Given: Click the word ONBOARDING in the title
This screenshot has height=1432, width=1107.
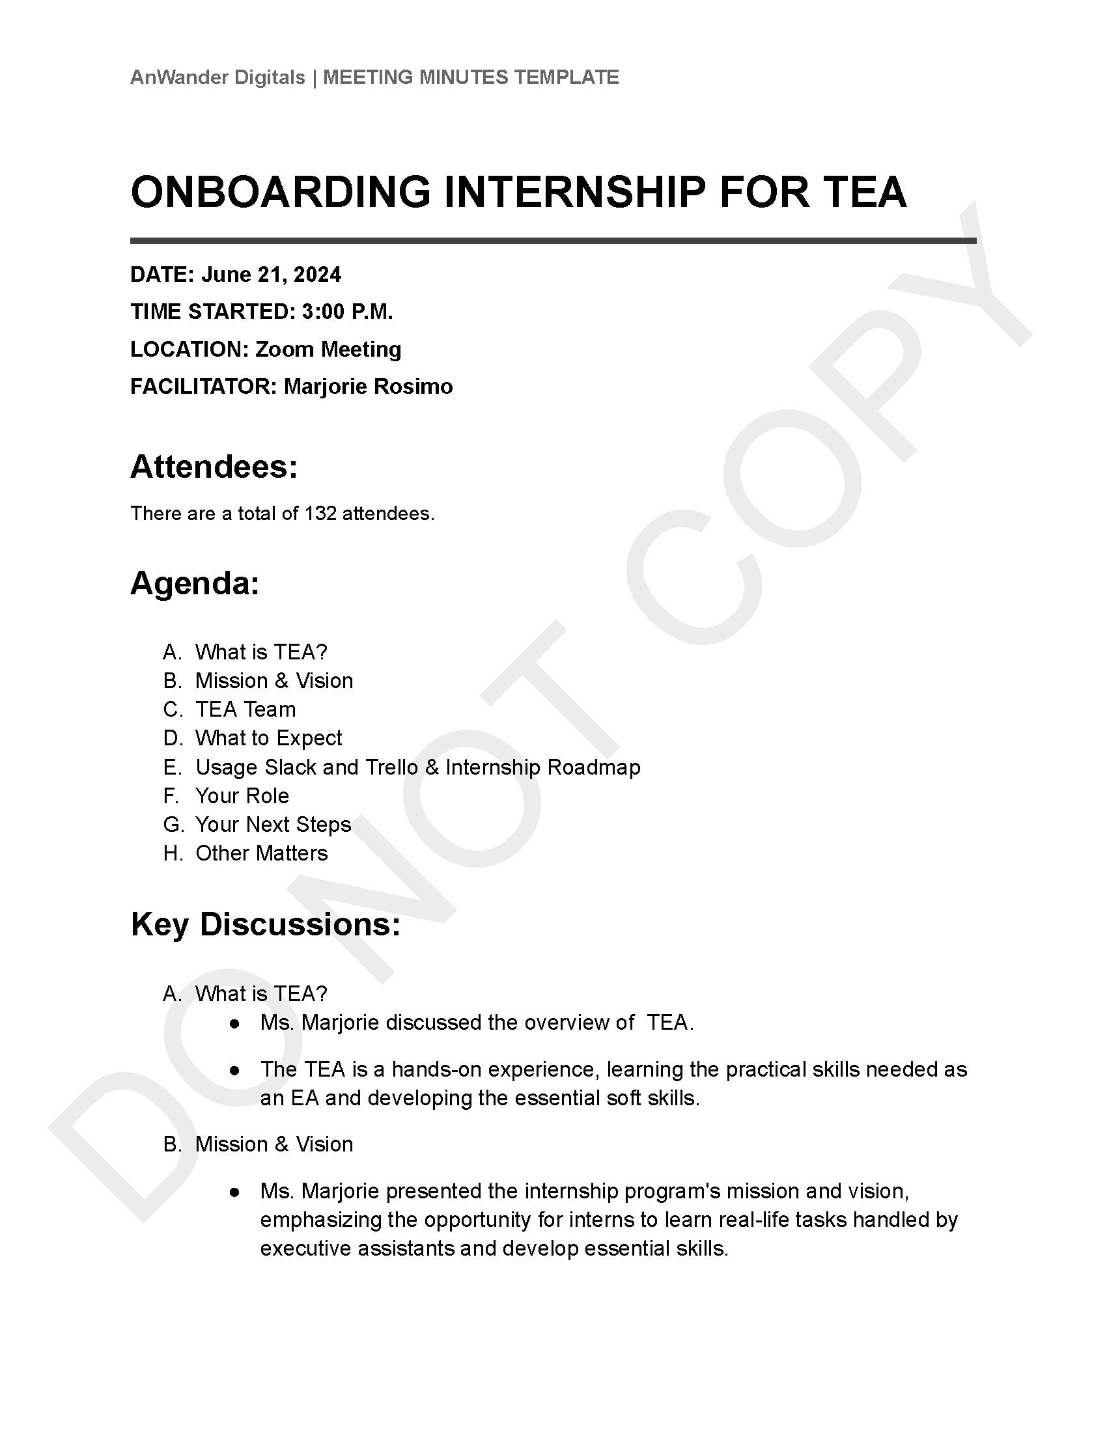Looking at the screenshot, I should pyautogui.click(x=280, y=192).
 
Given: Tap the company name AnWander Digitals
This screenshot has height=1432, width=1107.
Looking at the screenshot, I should pyautogui.click(x=217, y=77).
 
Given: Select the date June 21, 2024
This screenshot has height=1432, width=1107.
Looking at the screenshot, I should pyautogui.click(x=271, y=274).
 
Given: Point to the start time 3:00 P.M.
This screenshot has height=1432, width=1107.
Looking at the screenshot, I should pyautogui.click(x=347, y=311).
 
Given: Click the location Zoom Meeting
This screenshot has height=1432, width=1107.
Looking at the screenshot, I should pyautogui.click(x=328, y=349).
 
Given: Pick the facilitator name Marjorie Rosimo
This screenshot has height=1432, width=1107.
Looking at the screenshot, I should pyautogui.click(x=368, y=386).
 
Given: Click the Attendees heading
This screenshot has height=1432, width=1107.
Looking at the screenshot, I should pyautogui.click(x=214, y=467).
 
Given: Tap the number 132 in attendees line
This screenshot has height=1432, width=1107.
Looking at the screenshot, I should pyautogui.click(x=320, y=514).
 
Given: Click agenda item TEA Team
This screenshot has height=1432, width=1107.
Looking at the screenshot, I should pyautogui.click(x=245, y=709).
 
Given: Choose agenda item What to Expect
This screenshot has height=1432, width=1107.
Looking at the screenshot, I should pyautogui.click(x=268, y=738).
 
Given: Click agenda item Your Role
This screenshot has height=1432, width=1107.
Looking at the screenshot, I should pyautogui.click(x=242, y=796).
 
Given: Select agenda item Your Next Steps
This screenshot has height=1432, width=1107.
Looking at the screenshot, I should pyautogui.click(x=273, y=825).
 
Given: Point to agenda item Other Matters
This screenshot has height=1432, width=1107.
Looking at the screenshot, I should pyautogui.click(x=261, y=853).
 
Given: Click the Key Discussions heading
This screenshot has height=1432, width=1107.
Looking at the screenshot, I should pyautogui.click(x=266, y=924).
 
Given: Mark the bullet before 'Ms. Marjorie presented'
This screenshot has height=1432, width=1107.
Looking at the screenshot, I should pyautogui.click(x=234, y=1191).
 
